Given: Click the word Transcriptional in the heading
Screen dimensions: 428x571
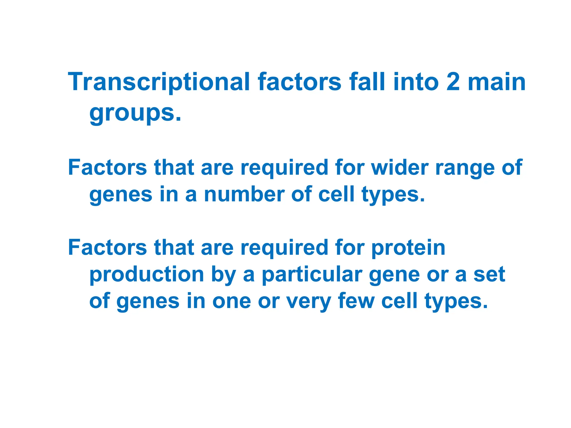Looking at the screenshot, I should coord(159,82).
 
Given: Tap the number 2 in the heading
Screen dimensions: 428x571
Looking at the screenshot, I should coord(453,82).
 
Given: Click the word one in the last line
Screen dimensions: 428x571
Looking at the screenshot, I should coord(231,301).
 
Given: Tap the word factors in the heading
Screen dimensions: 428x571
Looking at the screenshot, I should coord(299,82).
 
